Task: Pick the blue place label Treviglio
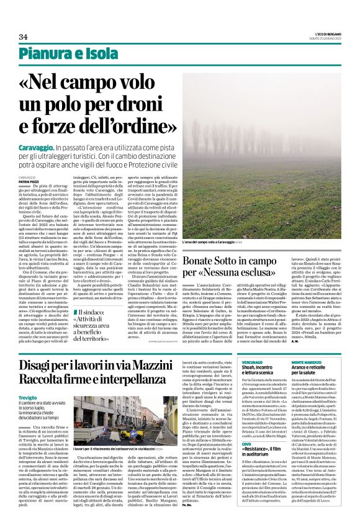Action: click(44, 396)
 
